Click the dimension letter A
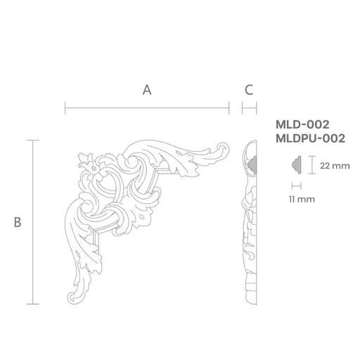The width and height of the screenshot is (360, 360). pyautogui.click(x=147, y=90)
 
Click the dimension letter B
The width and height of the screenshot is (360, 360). pyautogui.click(x=18, y=222)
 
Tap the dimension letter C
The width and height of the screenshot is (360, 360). pyautogui.click(x=249, y=90)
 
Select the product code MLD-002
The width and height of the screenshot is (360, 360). pyautogui.click(x=302, y=124)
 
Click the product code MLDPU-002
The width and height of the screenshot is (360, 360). pyautogui.click(x=310, y=139)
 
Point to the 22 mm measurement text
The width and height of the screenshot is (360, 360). pyautogui.click(x=335, y=166)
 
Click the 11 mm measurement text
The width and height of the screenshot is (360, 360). pyautogui.click(x=302, y=200)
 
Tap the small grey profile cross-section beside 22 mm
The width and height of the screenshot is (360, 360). pyautogui.click(x=297, y=165)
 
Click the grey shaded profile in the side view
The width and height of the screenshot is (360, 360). pyautogui.click(x=252, y=165)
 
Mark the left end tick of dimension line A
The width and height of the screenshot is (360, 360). pyautogui.click(x=65, y=108)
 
